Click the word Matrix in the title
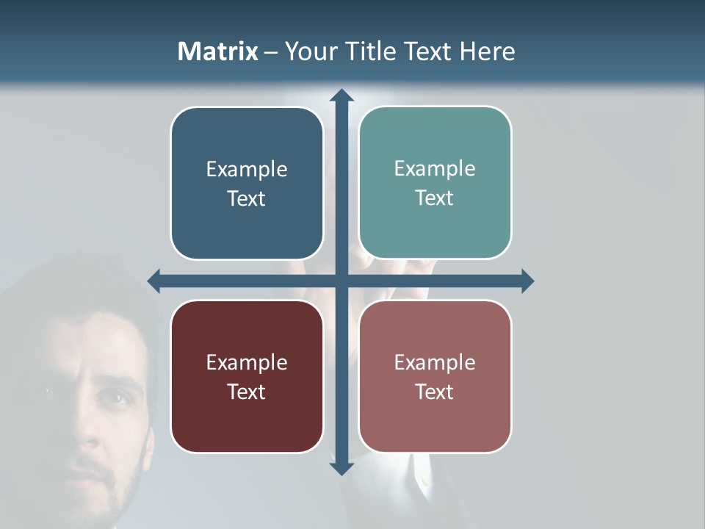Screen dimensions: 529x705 217,51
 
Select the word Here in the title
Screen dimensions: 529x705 487,51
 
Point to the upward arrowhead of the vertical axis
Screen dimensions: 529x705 341,96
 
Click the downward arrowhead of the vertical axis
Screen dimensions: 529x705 341,468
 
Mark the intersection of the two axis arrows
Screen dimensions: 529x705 341,281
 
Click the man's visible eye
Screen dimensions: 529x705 111,397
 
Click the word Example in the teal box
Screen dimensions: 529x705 435,168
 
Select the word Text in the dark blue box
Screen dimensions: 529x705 247,198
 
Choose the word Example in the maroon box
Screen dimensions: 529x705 247,362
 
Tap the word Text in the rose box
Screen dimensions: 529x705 435,392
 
